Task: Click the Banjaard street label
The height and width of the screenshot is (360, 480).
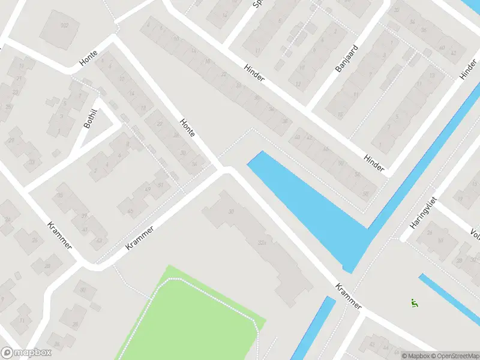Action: pos(346,58)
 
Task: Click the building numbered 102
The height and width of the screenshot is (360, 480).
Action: pos(64,25)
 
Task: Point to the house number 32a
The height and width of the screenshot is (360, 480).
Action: pos(262,242)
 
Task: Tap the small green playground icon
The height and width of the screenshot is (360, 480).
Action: pos(413,303)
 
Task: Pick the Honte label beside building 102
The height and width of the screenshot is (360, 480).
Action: pos(89,58)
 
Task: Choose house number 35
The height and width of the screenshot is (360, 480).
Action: pos(59,196)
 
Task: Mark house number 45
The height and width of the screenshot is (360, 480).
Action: pos(130,211)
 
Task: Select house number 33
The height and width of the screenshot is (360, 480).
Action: pos(32,161)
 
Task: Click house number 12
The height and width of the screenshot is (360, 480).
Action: pos(298,84)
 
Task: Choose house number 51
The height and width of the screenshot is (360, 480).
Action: pos(160,185)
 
